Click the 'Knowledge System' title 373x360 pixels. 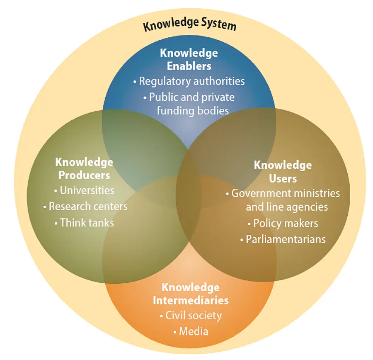coord(189,25)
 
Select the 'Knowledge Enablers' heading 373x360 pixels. coord(189,59)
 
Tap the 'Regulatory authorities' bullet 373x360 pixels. coord(189,81)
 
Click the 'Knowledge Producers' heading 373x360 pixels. coord(84,168)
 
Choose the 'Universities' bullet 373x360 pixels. coord(85,190)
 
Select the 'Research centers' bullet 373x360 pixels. coord(86,206)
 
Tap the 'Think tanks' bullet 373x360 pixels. coord(85,223)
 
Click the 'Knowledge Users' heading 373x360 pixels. coord(283,171)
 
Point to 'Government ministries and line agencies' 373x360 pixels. coord(283,200)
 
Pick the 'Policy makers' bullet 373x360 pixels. coord(283,224)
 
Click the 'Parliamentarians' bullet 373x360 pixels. coord(283,239)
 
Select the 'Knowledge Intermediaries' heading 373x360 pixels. coord(191,294)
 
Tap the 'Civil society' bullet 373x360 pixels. coord(191,316)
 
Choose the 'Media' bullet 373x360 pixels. coord(191,332)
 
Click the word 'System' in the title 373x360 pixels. coord(216,26)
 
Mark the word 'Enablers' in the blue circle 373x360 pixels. coord(189,66)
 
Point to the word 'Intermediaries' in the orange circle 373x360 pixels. coord(191,300)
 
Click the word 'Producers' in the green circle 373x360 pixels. coord(84,175)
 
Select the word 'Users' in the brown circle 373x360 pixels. coord(283,178)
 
